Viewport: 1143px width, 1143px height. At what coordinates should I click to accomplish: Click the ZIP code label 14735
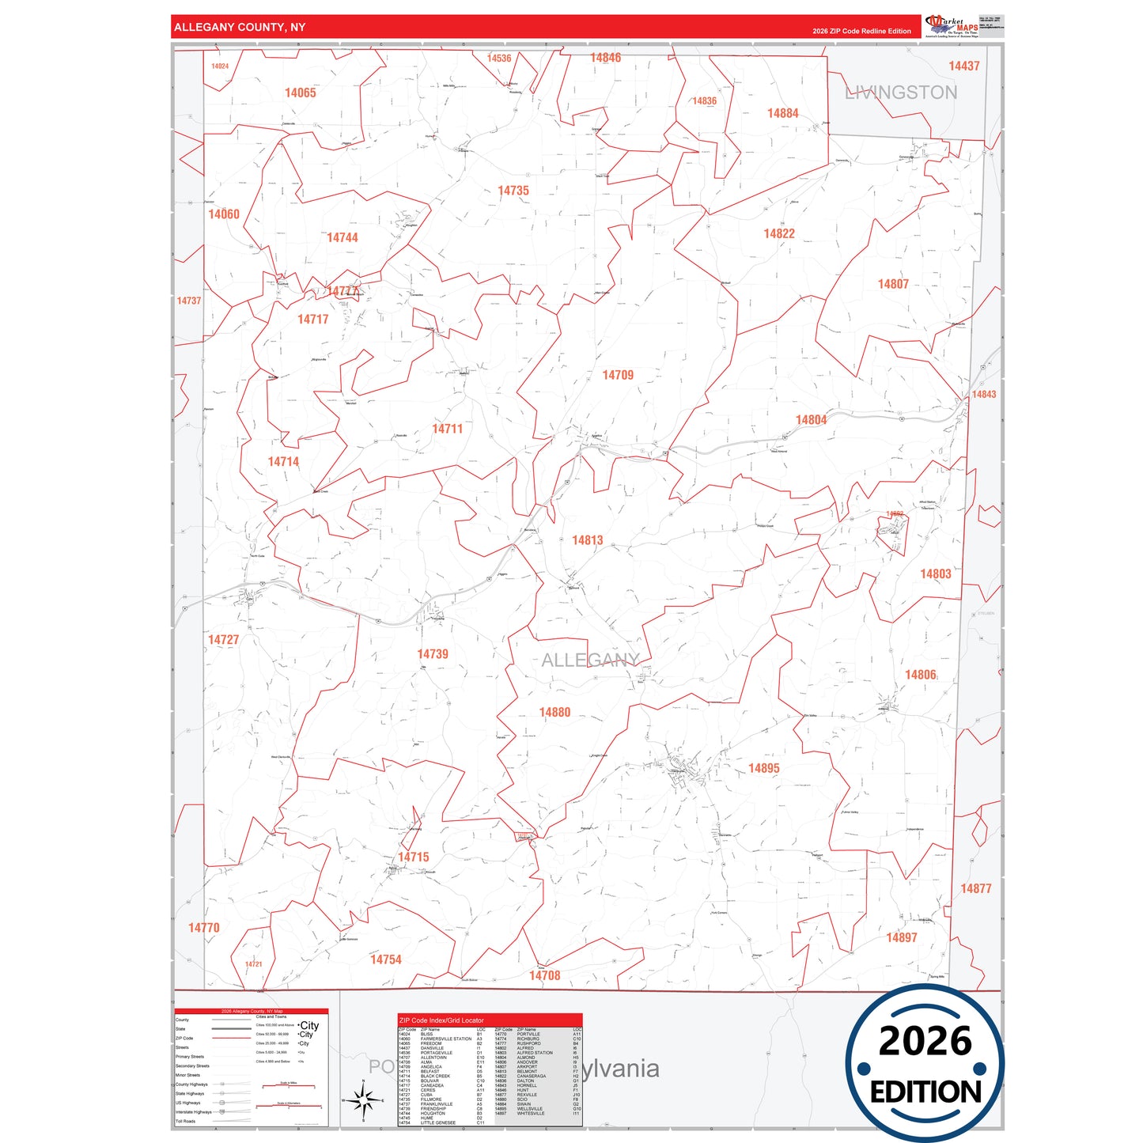513,191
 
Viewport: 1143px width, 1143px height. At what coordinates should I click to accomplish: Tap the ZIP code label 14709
618,375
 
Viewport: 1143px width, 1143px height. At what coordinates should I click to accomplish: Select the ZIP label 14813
588,540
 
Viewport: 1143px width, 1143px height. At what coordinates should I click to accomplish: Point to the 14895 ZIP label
764,768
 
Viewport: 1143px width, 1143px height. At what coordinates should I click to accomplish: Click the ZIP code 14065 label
301,93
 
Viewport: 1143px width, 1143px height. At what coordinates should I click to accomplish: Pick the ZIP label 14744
343,237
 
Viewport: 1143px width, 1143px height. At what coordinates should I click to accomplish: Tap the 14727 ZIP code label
223,639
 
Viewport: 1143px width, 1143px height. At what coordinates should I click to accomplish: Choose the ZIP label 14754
386,959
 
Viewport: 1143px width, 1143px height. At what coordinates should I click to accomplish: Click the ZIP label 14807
893,284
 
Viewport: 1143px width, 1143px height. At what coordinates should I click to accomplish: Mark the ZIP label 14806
921,675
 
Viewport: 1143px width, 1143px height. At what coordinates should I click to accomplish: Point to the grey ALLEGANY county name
590,660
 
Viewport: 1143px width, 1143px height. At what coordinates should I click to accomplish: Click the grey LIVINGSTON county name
901,93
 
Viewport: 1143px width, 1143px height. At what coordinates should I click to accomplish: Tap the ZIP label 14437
964,66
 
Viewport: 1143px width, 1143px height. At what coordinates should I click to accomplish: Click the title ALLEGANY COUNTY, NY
240,27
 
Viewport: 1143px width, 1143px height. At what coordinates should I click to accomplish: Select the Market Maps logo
952,26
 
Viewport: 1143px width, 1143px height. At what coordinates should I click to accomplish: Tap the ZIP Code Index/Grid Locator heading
441,1020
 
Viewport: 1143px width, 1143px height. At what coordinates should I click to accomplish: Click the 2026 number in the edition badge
925,1041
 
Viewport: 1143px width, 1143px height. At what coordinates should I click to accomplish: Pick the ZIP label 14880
554,713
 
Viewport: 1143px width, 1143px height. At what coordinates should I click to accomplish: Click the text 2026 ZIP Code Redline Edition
861,31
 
